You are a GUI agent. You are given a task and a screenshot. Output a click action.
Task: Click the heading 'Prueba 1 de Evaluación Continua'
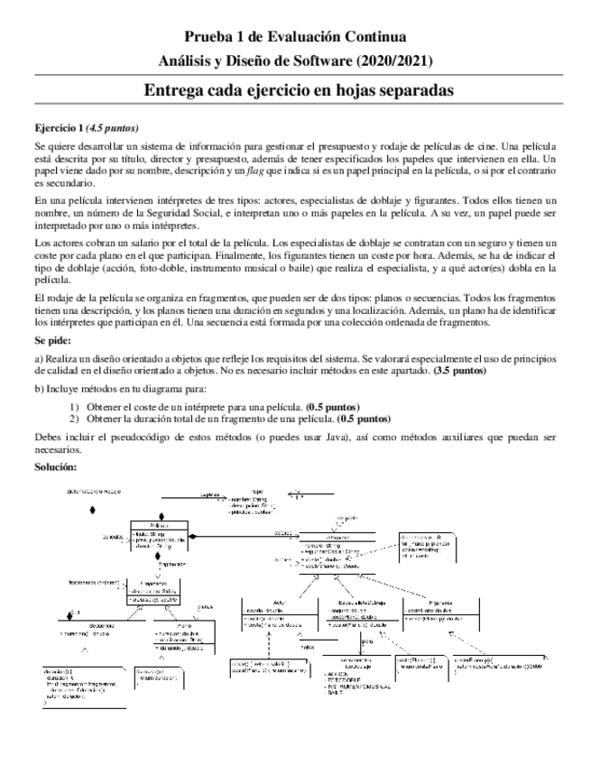[x=295, y=37]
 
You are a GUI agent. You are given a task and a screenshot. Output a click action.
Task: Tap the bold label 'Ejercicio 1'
[x=59, y=127]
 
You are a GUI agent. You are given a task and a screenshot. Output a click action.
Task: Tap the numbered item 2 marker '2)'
[x=75, y=419]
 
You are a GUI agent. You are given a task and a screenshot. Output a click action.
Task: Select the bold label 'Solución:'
[x=55, y=466]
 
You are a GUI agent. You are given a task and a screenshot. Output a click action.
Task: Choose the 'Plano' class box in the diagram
[x=185, y=635]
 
